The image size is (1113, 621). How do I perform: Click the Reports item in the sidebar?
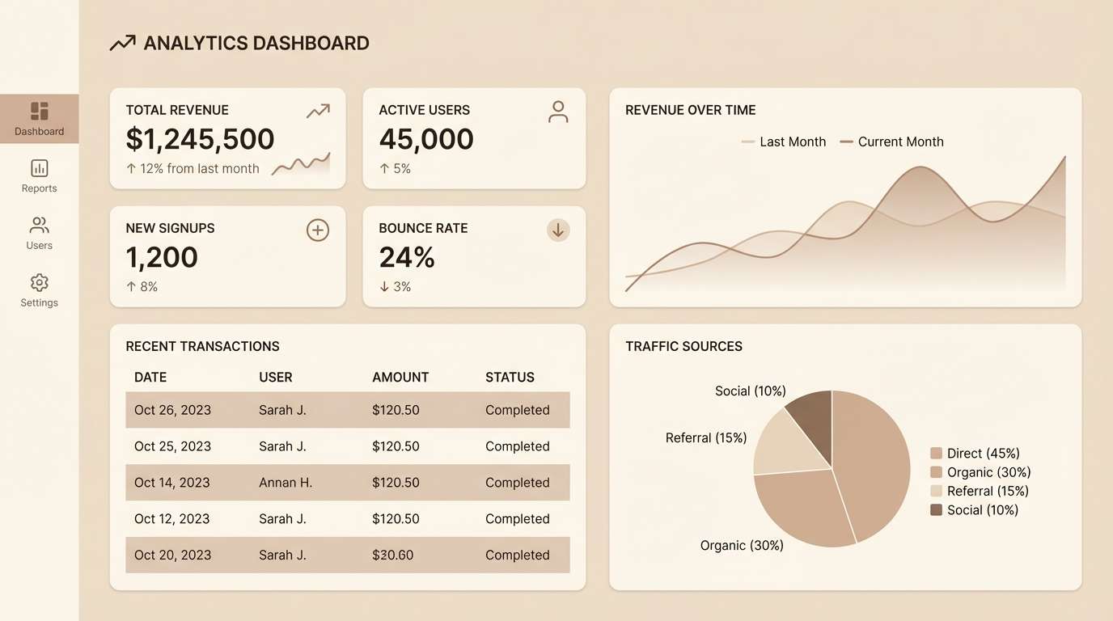(x=39, y=176)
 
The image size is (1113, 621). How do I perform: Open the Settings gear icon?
(x=39, y=283)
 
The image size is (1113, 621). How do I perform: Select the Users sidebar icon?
(x=39, y=226)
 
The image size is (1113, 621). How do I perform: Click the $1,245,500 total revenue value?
(x=200, y=139)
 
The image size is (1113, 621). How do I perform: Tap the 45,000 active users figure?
(x=426, y=139)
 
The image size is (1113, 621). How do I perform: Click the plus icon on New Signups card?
(x=318, y=230)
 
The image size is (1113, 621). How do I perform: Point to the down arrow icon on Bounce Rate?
(x=558, y=230)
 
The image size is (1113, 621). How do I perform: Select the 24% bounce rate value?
(x=407, y=257)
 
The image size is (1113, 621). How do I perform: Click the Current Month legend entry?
(x=891, y=142)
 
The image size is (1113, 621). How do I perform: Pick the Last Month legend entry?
(x=784, y=142)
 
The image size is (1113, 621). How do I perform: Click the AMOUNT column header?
(x=400, y=377)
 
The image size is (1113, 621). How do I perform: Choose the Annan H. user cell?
(x=286, y=483)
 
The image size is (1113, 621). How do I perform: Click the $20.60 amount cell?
(x=393, y=555)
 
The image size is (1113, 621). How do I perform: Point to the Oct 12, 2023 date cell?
(x=172, y=519)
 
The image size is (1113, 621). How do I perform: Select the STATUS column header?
(x=510, y=377)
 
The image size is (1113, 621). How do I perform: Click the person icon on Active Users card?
(x=558, y=112)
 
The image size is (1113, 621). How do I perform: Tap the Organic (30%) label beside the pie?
(x=742, y=546)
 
